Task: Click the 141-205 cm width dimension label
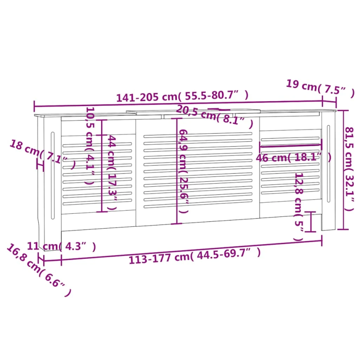pyautogui.click(x=182, y=96)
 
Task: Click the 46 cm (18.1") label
pyautogui.click(x=293, y=157)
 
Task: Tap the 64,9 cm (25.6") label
pyautogui.click(x=184, y=171)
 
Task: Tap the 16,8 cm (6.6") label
pyautogui.click(x=39, y=270)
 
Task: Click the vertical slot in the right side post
pyautogui.click(x=328, y=164)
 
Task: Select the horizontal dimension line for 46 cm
pyautogui.click(x=291, y=146)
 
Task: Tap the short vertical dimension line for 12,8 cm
pyautogui.click(x=310, y=221)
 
